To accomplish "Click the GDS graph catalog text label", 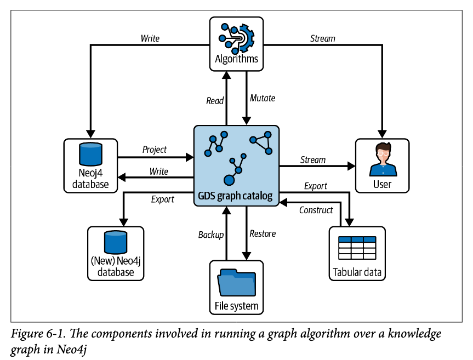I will (236, 196).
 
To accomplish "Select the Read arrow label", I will (214, 100).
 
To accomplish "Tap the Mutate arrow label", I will (263, 99).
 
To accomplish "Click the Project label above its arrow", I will (154, 150).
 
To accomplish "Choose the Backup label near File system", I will (211, 235).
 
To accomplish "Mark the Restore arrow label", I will (263, 233).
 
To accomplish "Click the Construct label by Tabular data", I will (316, 210).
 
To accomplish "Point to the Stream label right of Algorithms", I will (322, 38).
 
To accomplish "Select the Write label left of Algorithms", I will (150, 38).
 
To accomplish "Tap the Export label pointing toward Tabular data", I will (315, 186).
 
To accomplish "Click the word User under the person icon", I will (382, 184).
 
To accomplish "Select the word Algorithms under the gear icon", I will (236, 59).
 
